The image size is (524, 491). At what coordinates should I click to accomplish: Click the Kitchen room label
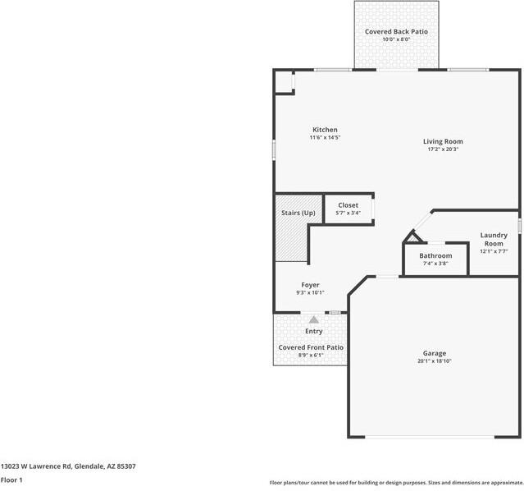[325, 130]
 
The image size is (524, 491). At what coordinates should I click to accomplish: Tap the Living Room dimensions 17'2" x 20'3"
[443, 149]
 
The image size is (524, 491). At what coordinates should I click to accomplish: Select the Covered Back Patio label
[396, 31]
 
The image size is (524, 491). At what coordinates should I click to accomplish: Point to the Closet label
[348, 205]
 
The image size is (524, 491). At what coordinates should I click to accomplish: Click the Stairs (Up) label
[298, 213]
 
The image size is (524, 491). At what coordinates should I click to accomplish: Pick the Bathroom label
[435, 255]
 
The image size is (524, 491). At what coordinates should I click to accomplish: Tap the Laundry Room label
[494, 239]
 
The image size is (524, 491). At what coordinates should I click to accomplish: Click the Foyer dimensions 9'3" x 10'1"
[310, 292]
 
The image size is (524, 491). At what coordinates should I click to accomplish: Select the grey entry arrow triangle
[313, 319]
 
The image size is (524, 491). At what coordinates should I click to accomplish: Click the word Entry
[313, 332]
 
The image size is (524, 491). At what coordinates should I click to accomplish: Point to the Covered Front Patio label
[311, 347]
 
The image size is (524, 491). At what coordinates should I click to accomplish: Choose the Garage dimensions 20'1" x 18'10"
[434, 360]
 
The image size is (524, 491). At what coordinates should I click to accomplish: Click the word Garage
[434, 353]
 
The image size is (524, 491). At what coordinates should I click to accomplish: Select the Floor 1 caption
[11, 480]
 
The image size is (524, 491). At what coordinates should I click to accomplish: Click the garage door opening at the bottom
[430, 437]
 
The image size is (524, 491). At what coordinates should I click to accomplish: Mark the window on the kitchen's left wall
[274, 149]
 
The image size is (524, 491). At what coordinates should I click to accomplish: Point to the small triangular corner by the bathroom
[414, 237]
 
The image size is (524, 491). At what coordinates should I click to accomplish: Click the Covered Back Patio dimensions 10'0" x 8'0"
[396, 39]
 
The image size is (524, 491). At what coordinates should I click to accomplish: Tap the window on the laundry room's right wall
[520, 225]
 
